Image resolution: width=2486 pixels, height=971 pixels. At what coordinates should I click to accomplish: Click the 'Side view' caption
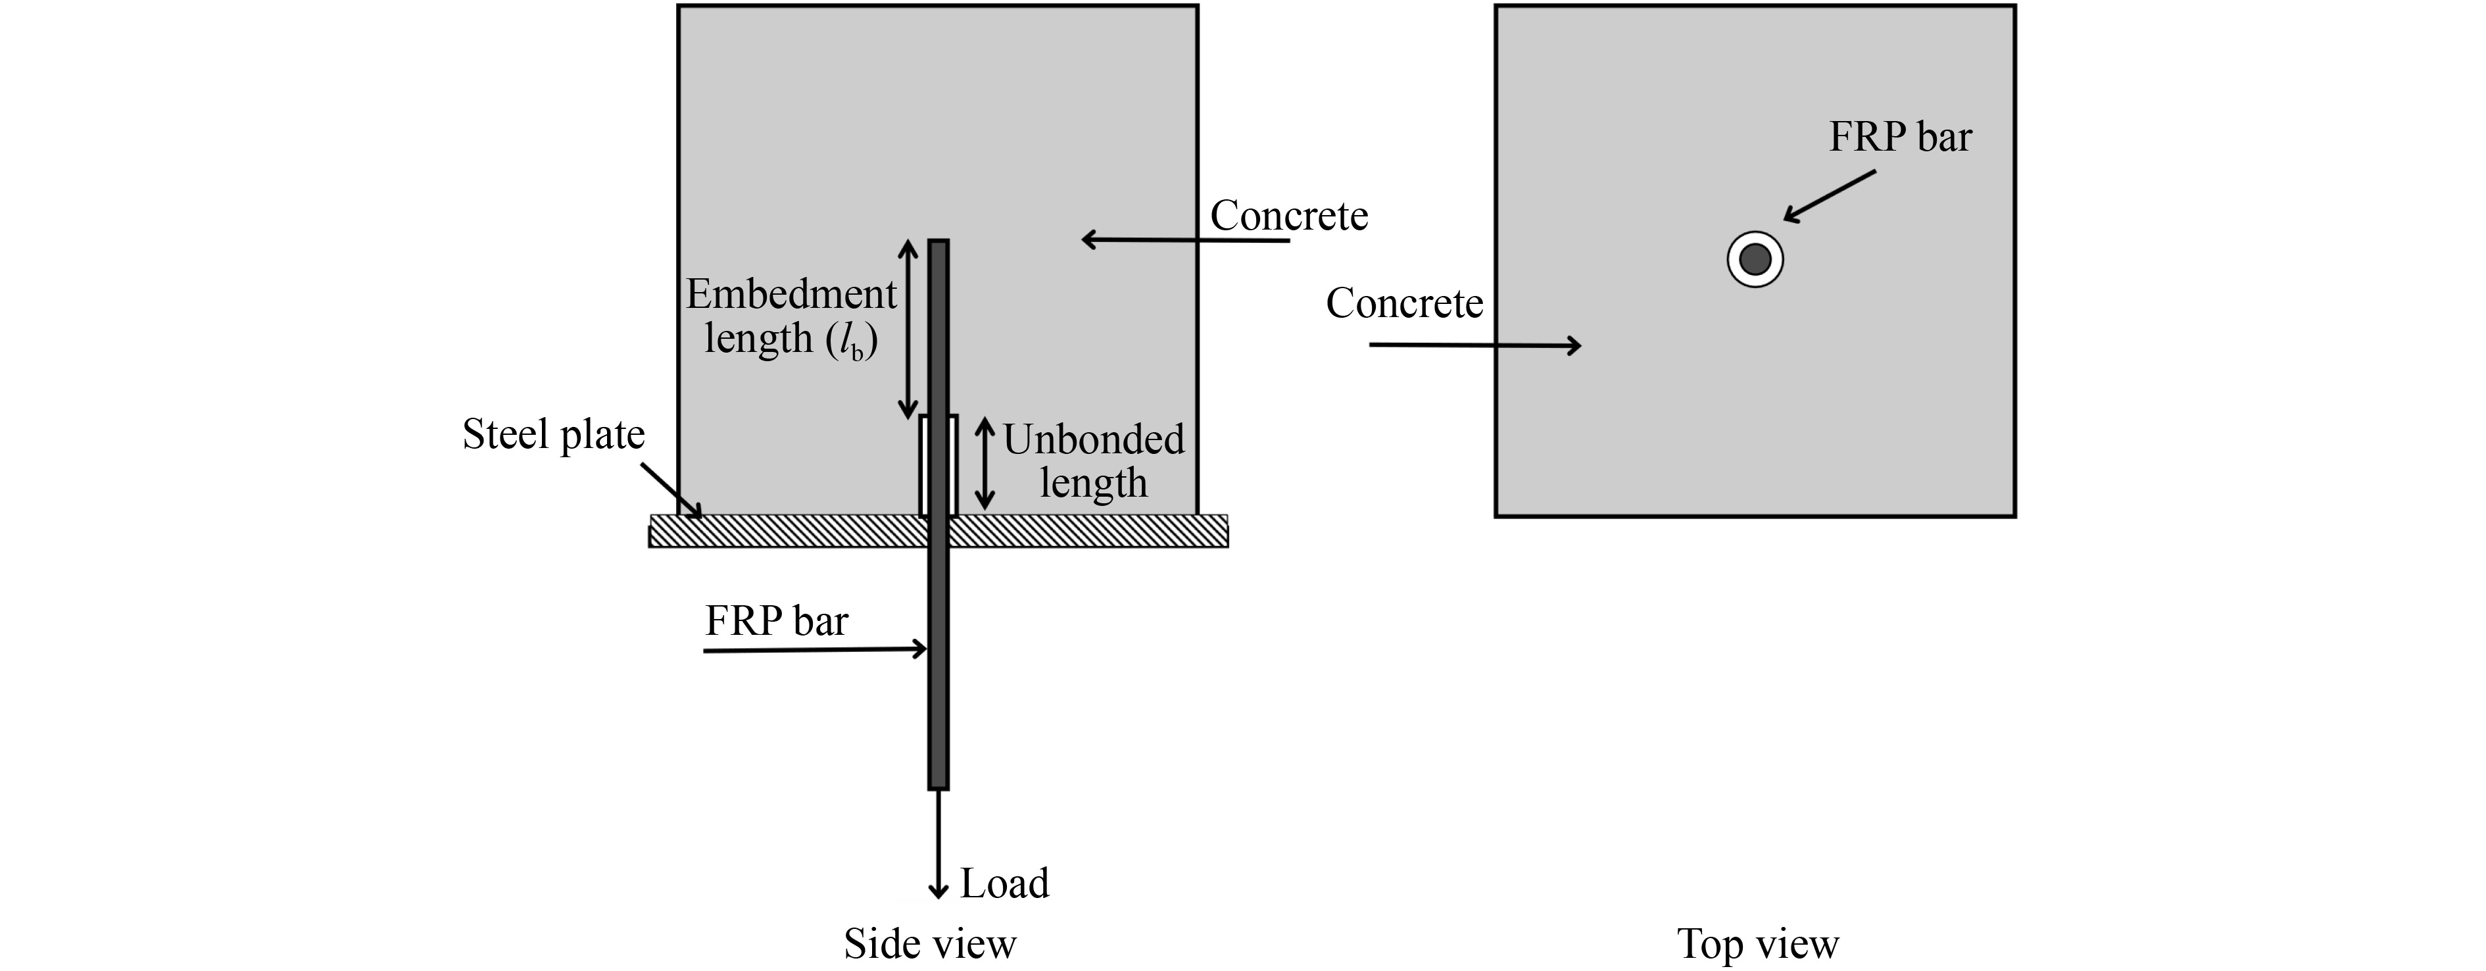[x=929, y=943]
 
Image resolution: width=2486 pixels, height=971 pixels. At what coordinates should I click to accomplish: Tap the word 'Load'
[x=1004, y=883]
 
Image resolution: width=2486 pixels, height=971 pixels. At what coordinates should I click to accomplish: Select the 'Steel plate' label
[x=553, y=434]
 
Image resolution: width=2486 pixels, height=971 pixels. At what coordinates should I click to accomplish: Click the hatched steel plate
[x=791, y=531]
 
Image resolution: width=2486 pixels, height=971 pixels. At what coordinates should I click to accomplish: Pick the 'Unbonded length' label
[x=1094, y=461]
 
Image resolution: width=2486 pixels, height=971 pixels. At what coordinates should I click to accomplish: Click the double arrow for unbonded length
[x=985, y=463]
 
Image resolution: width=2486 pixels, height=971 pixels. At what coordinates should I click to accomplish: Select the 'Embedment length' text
[x=791, y=316]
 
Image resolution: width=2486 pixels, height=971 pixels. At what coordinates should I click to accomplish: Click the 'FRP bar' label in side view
[x=776, y=620]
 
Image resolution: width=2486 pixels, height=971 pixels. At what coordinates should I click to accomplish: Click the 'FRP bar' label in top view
[x=1899, y=137]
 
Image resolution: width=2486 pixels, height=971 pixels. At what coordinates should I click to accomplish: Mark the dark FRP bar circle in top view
[x=1755, y=259]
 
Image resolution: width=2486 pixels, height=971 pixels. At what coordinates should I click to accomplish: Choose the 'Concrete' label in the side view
[x=1288, y=215]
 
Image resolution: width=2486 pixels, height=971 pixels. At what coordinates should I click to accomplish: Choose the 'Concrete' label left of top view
[x=1404, y=303]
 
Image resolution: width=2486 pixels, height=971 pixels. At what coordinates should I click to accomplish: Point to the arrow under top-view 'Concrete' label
[x=1475, y=345]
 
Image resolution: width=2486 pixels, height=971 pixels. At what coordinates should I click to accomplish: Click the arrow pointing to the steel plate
[x=671, y=490]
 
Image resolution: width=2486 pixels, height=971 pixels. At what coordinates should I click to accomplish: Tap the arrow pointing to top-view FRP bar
[x=1830, y=197]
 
